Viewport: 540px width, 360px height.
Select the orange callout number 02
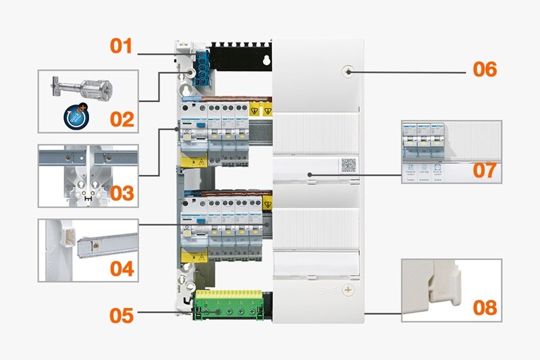click(122, 120)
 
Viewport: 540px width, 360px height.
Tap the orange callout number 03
click(122, 194)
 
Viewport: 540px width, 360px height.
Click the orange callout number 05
click(122, 315)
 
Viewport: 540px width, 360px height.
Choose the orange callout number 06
click(485, 70)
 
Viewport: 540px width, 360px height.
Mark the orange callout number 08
click(485, 308)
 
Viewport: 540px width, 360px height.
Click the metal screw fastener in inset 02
click(83, 88)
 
